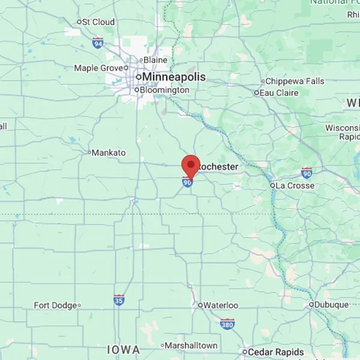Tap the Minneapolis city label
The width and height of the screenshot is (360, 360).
173,77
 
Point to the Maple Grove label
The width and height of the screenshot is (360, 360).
98,68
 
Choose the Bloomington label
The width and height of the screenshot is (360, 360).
164,90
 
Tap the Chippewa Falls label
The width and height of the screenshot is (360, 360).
295,82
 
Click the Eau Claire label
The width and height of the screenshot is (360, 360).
279,93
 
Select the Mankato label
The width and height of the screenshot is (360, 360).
109,153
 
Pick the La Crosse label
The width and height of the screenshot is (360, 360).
295,186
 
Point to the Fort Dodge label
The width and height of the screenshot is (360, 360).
55,305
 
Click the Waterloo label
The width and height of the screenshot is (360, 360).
221,305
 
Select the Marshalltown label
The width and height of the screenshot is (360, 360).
191,346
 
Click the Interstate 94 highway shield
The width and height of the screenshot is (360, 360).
98,43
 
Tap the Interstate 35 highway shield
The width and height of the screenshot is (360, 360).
119,299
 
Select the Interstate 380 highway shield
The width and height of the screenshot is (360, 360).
227,325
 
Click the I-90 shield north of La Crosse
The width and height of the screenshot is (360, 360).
307,173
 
